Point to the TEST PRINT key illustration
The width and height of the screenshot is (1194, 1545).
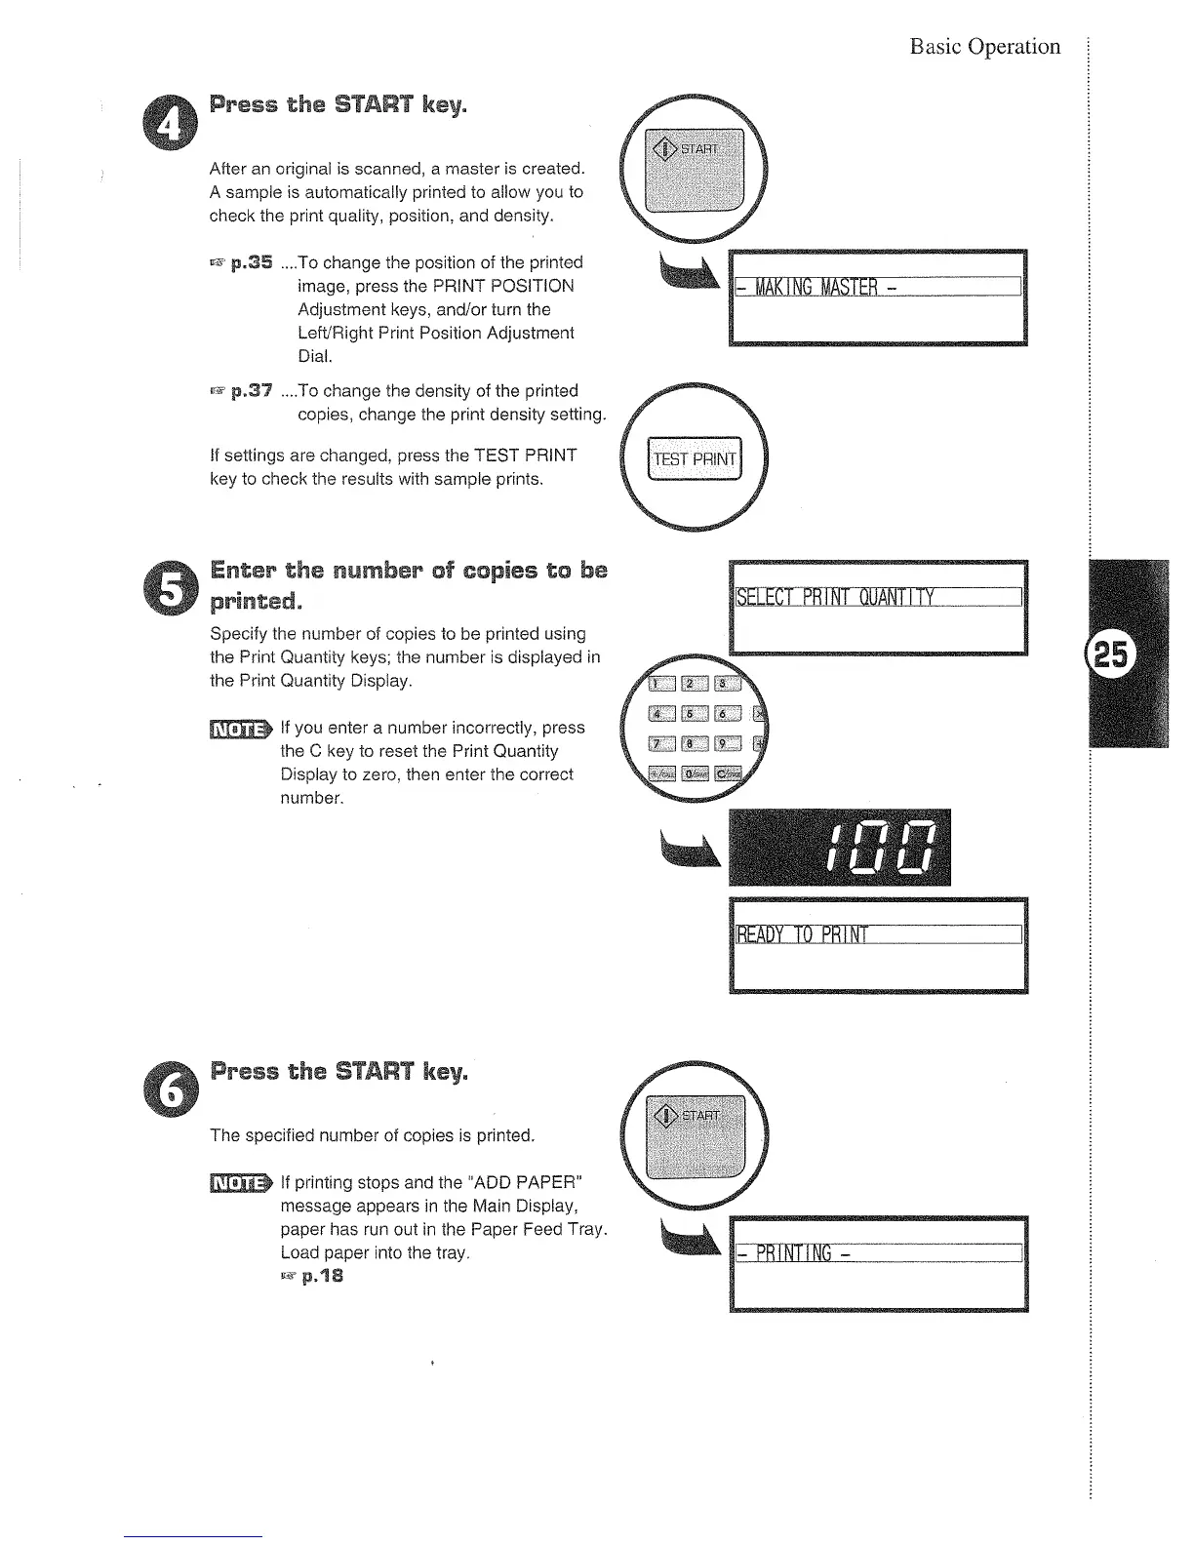pyautogui.click(x=696, y=459)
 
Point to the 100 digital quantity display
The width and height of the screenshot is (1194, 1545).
pyautogui.click(x=839, y=847)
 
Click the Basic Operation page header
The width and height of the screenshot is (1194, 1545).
pyautogui.click(x=984, y=47)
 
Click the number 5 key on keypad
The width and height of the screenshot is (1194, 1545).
pyautogui.click(x=691, y=715)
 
